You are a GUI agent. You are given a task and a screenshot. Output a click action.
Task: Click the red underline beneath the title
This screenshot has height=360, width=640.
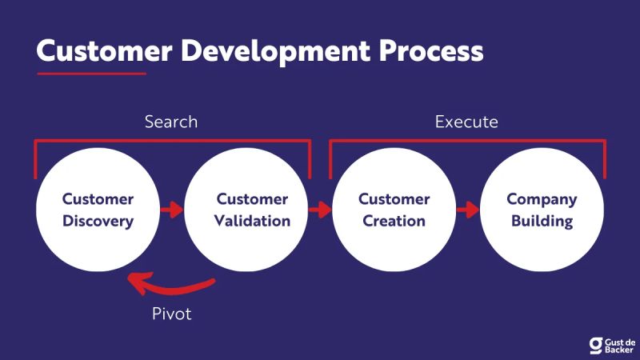coord(91,74)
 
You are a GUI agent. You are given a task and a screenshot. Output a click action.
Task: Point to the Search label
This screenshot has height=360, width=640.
coord(171,122)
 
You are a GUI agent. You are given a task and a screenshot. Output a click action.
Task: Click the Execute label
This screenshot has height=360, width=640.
coord(466,122)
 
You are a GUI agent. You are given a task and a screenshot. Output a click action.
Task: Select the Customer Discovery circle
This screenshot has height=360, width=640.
coord(98,210)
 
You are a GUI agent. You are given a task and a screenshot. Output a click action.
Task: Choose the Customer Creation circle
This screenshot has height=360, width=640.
coord(394,210)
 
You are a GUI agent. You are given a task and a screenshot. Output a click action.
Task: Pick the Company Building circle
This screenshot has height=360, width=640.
coord(542,210)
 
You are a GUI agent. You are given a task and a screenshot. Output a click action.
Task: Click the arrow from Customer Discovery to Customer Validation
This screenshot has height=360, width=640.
coord(171,210)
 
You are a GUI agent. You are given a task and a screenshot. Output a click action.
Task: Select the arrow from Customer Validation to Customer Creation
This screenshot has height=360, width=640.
coord(320,210)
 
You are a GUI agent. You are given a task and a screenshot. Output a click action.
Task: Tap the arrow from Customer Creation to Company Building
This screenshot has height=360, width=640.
coord(468,210)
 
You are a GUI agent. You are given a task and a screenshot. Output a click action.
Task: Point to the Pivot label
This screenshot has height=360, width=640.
coord(172,313)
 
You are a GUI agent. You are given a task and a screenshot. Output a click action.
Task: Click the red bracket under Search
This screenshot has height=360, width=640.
coord(172,142)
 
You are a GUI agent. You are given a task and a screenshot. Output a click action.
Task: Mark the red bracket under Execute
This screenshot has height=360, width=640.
coord(468,142)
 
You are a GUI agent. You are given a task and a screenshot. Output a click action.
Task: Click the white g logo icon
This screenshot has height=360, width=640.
coord(595,344)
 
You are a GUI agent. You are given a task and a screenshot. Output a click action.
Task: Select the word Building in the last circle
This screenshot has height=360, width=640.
coord(542,221)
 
